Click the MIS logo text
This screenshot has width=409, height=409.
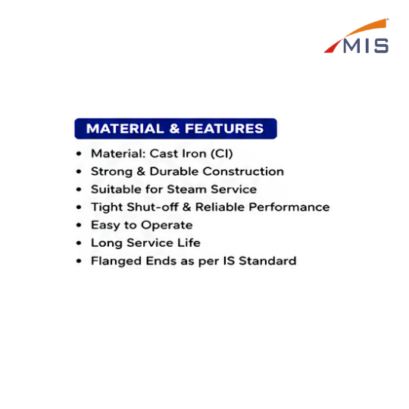point(366,46)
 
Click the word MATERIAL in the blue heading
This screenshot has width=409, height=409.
point(125,129)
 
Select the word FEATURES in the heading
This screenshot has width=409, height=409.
point(224,129)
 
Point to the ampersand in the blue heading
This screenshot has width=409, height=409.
point(174,129)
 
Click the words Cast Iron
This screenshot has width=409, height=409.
point(178,153)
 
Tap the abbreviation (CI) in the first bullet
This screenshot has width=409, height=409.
point(221,153)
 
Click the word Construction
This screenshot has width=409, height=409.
point(243,171)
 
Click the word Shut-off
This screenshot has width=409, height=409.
point(152,207)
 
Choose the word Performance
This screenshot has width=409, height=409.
point(289,207)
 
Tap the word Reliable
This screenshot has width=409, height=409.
point(220,207)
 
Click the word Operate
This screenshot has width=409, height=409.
point(167,226)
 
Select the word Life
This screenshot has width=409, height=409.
point(189,243)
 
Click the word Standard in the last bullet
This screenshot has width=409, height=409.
point(267,261)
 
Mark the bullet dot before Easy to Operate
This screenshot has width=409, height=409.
point(79,225)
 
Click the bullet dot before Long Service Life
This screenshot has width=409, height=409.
point(79,243)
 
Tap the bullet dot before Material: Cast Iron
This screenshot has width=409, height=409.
point(79,153)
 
